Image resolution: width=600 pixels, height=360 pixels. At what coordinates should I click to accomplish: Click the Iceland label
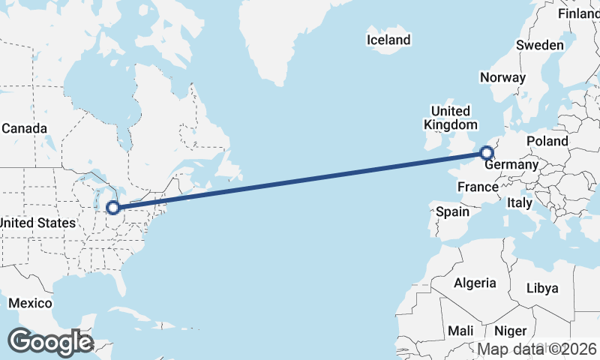388,40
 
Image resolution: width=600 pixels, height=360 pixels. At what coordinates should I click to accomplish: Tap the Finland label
579,13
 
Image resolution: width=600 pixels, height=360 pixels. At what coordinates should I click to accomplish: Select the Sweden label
540,45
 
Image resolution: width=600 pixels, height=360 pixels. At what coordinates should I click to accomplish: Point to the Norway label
502,77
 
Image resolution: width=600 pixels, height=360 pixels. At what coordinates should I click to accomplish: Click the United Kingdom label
450,117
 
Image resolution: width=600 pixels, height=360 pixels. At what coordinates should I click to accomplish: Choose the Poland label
547,141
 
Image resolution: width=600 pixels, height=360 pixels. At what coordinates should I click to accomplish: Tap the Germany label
511,165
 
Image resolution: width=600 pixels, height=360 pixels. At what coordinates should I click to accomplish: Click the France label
478,187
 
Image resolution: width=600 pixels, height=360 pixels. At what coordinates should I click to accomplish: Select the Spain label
453,211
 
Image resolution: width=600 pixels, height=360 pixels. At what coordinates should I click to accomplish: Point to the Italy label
520,202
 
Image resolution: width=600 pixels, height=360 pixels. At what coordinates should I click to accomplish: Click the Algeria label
475,283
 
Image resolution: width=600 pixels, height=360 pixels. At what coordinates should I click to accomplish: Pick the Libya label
542,288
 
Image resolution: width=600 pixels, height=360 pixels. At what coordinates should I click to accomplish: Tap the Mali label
460,331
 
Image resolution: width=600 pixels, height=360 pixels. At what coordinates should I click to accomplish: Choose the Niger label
511,331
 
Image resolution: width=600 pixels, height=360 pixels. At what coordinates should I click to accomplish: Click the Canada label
24,128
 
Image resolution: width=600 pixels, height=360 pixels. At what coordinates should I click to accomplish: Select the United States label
37,223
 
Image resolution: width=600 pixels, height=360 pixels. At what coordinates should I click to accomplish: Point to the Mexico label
30,303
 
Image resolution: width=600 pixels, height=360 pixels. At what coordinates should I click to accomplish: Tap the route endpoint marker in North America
113,207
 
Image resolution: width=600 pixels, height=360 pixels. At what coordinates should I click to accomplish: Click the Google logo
50,342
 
